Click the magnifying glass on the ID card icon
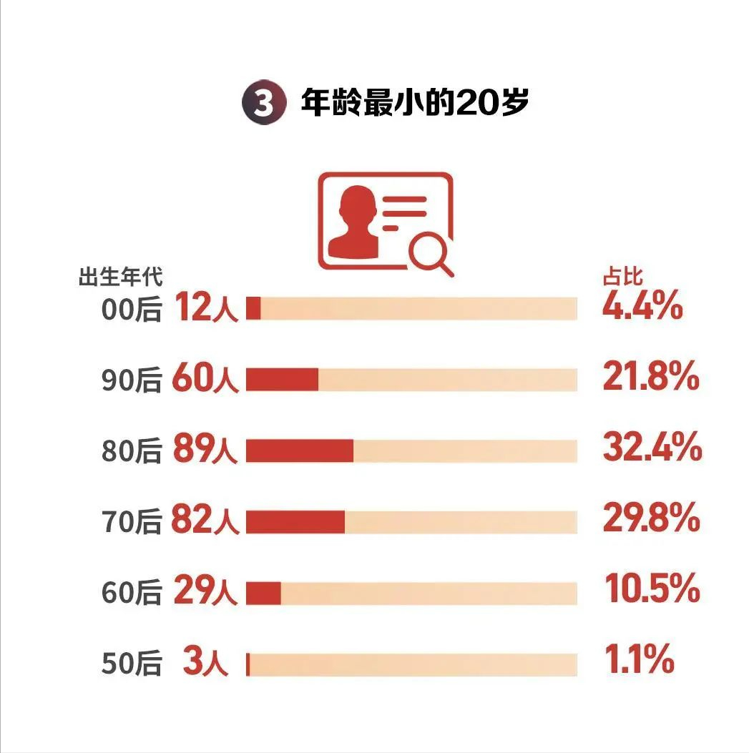431,253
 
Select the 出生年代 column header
120,276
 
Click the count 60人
205,380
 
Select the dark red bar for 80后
300,451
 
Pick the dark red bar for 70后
295,522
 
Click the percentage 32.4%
652,449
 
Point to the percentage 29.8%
651,520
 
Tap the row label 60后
132,593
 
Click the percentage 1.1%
639,661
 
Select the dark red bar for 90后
282,380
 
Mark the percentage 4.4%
642,307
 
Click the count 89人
205,451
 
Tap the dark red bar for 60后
263,593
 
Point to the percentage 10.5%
652,591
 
